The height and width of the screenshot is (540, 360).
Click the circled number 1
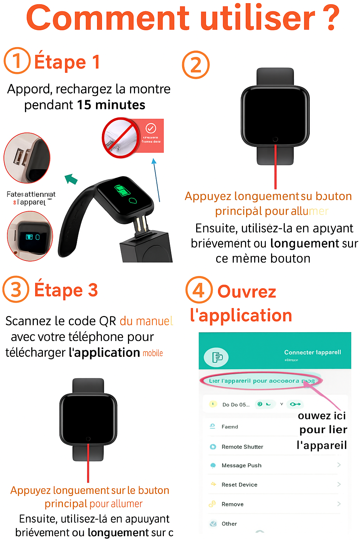(17, 60)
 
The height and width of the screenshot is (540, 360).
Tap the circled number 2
(196, 65)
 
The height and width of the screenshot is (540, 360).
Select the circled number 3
(16, 290)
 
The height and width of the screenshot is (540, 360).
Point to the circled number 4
(199, 290)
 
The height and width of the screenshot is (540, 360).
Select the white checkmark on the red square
(151, 128)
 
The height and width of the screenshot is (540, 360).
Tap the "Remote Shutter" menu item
(242, 447)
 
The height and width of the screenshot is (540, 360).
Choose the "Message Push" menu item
(242, 465)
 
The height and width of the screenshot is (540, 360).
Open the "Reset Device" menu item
(239, 485)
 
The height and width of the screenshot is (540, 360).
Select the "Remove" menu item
(232, 504)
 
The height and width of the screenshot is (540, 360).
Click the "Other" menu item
(229, 524)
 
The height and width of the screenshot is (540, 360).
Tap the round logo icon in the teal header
(216, 357)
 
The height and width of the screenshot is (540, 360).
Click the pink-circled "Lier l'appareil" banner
(261, 381)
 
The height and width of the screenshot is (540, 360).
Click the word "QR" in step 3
(108, 321)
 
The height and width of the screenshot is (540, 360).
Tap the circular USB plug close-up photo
(27, 158)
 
